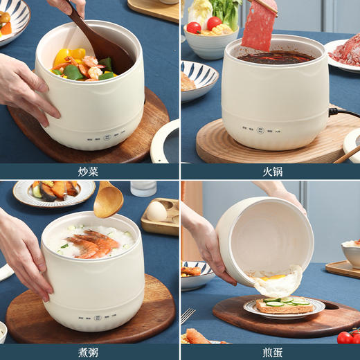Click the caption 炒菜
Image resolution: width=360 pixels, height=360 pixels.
pos(89,171)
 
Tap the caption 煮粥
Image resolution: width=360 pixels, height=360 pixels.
pos(89,352)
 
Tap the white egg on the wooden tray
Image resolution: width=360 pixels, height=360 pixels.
pos(156,211)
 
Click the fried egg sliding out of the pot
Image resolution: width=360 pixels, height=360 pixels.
pos(278,282)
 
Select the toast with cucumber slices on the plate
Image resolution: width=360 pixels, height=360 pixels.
pos(284,305)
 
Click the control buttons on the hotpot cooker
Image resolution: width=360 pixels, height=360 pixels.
pos(260,129)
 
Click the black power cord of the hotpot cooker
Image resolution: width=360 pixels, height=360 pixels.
pos(343,111)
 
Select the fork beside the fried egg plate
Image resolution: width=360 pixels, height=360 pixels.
pos(187,316)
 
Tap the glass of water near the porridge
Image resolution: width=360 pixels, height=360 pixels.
pos(143,188)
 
